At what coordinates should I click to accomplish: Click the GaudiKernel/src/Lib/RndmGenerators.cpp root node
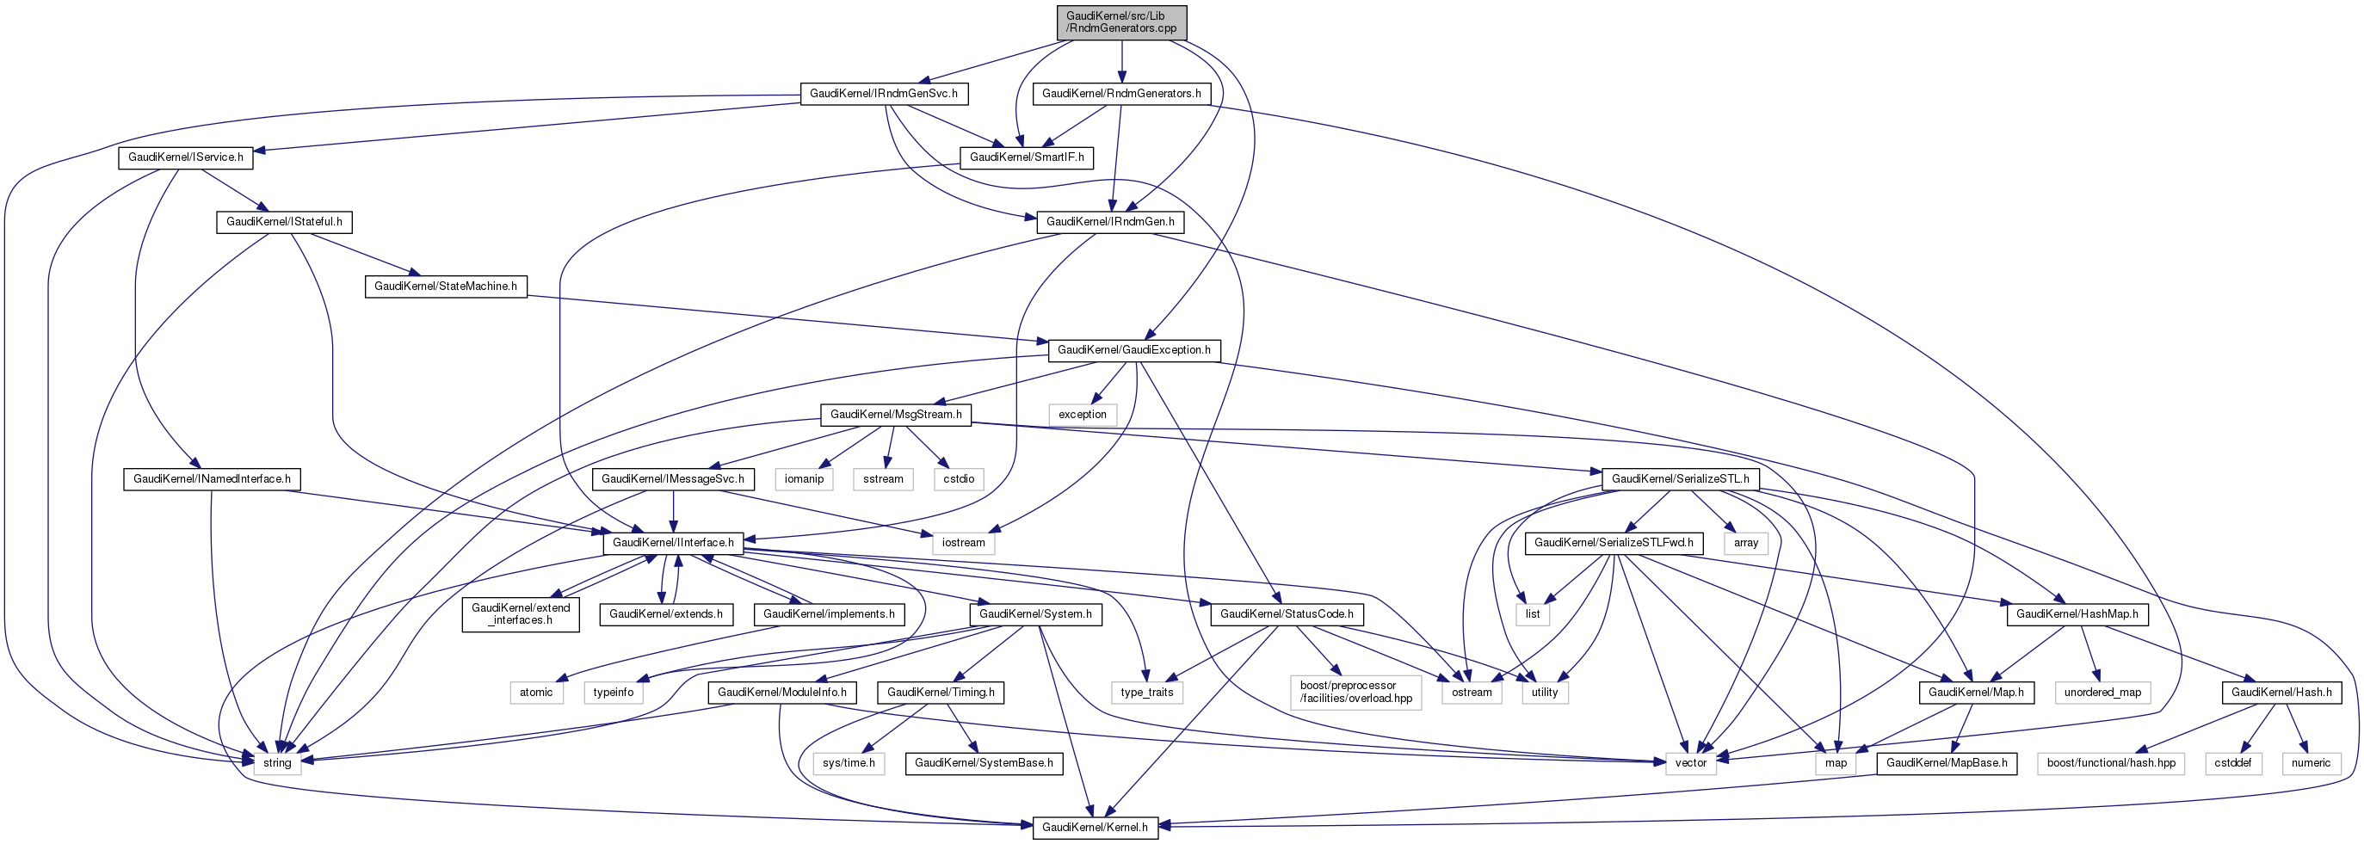point(1121,22)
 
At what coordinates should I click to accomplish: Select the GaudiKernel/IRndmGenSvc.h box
point(884,94)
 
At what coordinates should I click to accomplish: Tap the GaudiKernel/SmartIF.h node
point(1026,157)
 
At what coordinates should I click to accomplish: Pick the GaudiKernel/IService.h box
point(185,157)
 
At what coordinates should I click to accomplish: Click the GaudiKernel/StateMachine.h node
point(445,286)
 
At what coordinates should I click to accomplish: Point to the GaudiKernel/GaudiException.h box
point(1133,350)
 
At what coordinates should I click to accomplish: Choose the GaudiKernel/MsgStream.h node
point(896,415)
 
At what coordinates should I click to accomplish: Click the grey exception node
point(1083,415)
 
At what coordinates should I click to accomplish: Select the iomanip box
point(804,479)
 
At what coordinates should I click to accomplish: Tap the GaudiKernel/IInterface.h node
point(673,543)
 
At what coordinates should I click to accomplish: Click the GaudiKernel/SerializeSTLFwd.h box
point(1614,543)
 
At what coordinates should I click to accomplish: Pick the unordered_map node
point(2102,693)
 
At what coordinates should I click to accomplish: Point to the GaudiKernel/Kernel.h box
point(1095,828)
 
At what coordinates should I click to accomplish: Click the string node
point(277,763)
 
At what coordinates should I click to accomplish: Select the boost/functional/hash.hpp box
point(2111,763)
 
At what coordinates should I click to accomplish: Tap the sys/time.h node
point(849,763)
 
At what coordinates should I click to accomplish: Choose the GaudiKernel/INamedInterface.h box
point(212,479)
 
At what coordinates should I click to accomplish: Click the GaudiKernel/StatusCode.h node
point(1287,614)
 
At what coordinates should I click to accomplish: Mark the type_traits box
point(1147,693)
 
